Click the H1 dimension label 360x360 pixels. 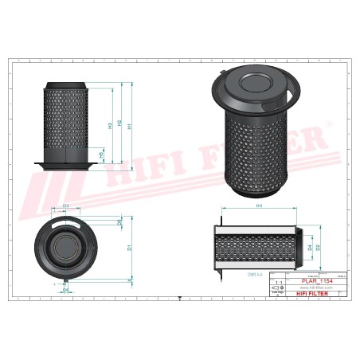click(130, 126)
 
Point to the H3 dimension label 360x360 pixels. click(109, 126)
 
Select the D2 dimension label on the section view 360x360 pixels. click(318, 248)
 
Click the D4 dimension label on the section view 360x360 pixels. click(309, 248)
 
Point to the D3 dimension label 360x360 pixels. click(66, 206)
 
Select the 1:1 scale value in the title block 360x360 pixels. click(278, 283)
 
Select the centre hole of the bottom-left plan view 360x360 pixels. click(67, 252)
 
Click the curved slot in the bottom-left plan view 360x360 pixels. click(67, 223)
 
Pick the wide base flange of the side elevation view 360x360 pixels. click(66, 166)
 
